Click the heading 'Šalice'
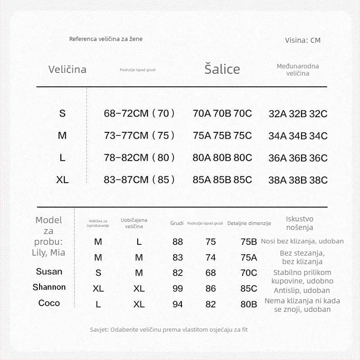tap(222, 69)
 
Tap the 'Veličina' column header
tap(67, 69)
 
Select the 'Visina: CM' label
tap(302, 40)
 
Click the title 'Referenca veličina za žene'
tap(106, 39)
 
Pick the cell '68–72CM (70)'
tap(139, 113)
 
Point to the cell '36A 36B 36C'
tap(298, 158)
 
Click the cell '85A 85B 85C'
tap(222, 180)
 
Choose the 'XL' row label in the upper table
tap(63, 180)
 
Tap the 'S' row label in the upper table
tap(63, 113)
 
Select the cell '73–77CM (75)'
tap(139, 135)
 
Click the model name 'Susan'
tap(49, 271)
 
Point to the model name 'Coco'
tap(49, 303)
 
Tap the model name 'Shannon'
tap(49, 287)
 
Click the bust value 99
tap(178, 288)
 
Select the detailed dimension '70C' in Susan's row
tap(249, 273)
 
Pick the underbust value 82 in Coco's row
tap(211, 304)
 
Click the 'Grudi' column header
tap(177, 223)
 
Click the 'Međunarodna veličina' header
tap(298, 69)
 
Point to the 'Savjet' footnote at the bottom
tap(169, 329)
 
